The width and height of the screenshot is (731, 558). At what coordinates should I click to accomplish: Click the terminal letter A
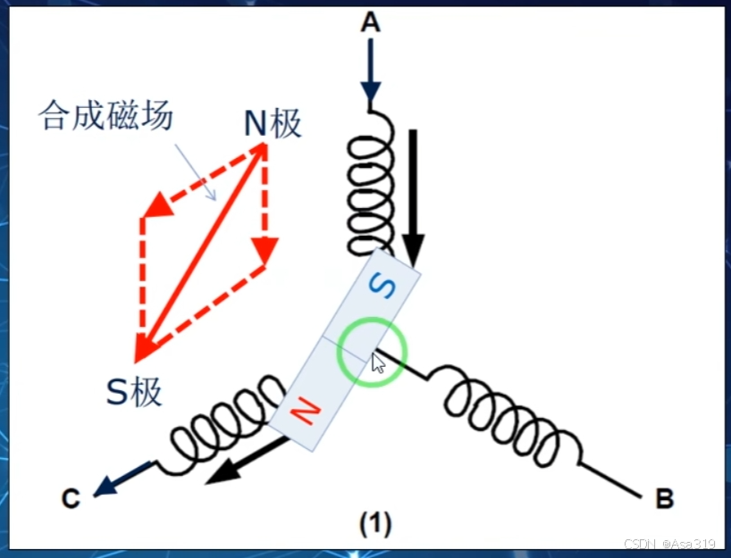click(x=370, y=23)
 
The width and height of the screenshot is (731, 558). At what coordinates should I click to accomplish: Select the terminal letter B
click(x=664, y=498)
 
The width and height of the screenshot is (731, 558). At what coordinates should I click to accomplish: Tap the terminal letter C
click(x=71, y=498)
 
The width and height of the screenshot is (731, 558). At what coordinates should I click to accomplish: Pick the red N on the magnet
click(x=305, y=411)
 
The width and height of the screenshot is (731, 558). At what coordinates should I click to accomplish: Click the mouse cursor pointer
click(x=379, y=363)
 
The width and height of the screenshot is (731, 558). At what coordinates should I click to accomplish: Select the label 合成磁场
click(x=105, y=116)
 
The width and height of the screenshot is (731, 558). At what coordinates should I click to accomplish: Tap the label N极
click(x=273, y=124)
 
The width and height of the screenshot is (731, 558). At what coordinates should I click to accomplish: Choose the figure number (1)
click(x=375, y=522)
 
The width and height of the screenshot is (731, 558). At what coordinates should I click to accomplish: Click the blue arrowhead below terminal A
click(x=371, y=91)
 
